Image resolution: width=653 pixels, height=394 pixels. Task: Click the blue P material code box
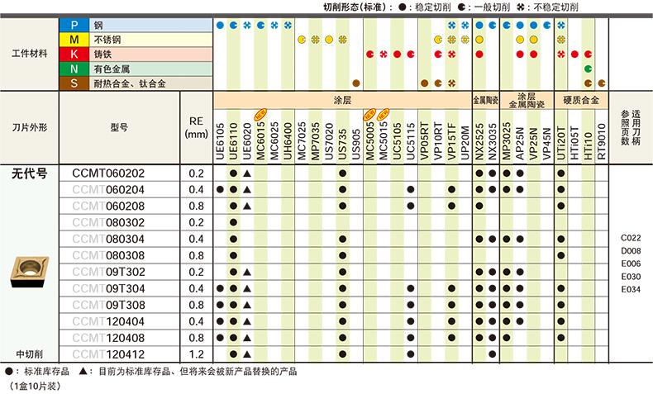click(74, 26)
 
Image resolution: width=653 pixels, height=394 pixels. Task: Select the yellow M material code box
click(74, 40)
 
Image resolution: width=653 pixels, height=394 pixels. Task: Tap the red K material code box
click(74, 55)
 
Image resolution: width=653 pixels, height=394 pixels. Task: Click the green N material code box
click(74, 69)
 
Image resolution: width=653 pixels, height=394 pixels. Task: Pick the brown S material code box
click(74, 83)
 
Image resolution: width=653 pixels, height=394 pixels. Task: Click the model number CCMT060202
click(108, 173)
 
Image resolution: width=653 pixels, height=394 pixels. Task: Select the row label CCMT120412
click(108, 354)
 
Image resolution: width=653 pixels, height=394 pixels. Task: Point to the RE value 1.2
click(196, 354)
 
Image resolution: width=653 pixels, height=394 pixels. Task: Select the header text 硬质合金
click(580, 100)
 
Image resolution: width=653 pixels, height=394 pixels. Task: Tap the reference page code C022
click(631, 236)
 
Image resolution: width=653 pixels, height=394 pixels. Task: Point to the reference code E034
click(631, 289)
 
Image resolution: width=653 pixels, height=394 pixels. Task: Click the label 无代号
click(30, 173)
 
